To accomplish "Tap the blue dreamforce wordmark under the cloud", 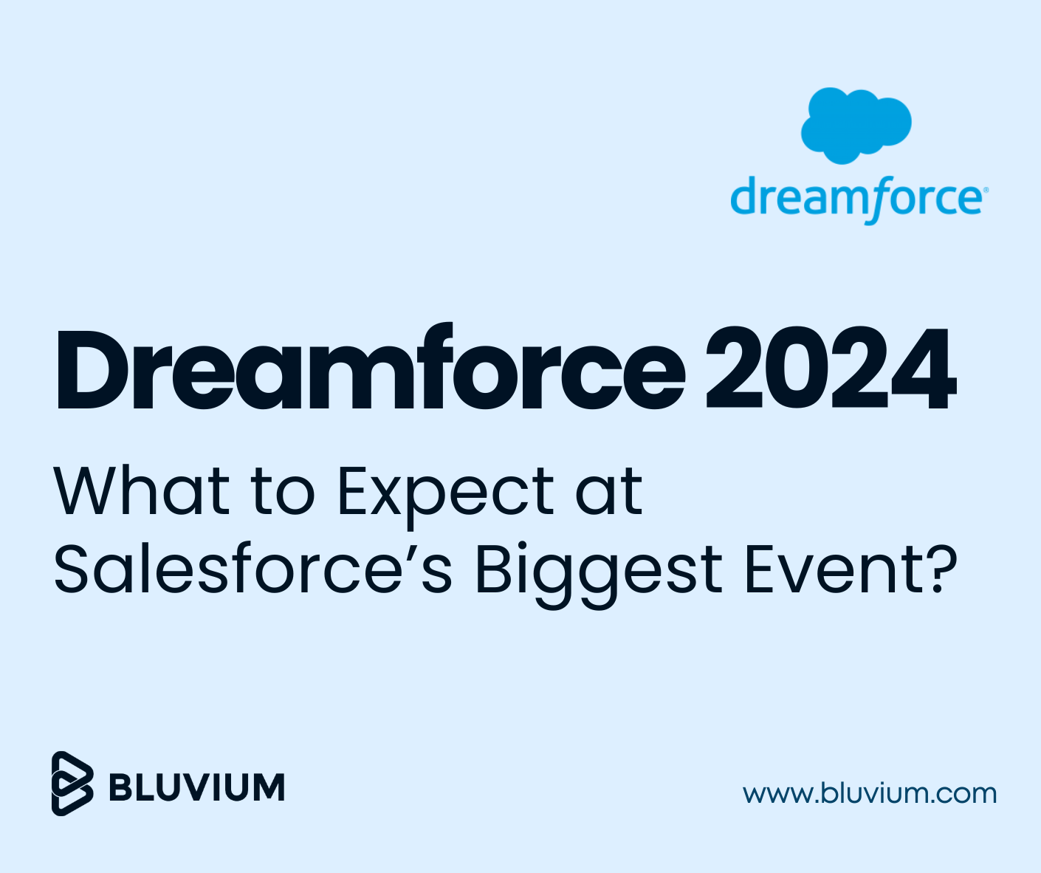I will click(856, 198).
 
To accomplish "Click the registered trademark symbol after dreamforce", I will click(984, 190).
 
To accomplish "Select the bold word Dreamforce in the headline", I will click(369, 369).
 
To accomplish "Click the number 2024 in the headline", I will click(831, 369).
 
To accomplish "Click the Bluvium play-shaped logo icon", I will click(72, 784).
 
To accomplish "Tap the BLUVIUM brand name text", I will click(196, 787).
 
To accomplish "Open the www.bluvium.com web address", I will click(870, 794).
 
